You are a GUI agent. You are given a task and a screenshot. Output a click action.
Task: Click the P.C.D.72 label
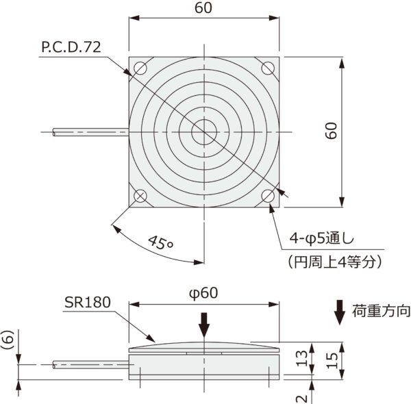tap(71, 47)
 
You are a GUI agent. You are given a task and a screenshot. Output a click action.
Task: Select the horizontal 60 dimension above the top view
tap(203, 8)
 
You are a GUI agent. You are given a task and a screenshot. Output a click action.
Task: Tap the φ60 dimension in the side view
tap(203, 292)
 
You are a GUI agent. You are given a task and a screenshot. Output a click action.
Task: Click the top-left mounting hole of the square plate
tap(140, 68)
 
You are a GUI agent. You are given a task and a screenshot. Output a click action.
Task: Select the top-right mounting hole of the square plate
tap(267, 68)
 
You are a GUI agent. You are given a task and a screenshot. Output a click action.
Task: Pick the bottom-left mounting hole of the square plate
tap(140, 195)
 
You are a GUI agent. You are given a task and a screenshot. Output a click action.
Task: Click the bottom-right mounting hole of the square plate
tap(267, 195)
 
